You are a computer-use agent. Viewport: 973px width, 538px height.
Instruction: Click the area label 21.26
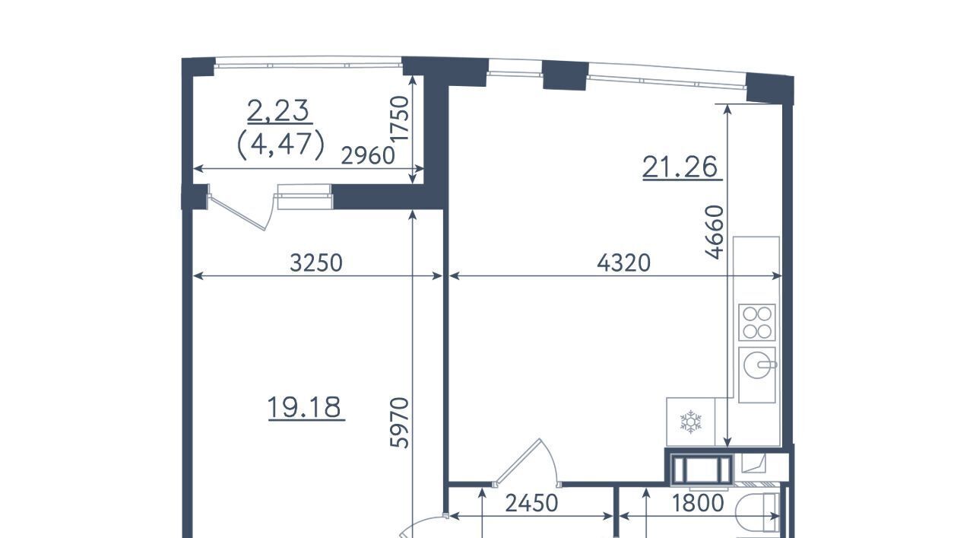(680, 167)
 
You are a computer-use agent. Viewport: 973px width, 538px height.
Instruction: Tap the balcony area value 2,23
(278, 110)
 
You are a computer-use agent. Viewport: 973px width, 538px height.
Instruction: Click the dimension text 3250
(316, 263)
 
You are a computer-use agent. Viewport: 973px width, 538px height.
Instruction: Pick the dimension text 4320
(624, 263)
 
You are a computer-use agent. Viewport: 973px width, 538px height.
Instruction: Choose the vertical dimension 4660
(715, 232)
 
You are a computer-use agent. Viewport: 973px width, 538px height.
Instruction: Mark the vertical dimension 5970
(400, 423)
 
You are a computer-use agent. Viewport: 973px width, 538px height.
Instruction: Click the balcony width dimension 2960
(368, 156)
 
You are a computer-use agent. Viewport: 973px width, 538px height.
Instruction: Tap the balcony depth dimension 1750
(400, 118)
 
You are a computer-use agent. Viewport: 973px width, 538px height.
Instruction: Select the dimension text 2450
(531, 503)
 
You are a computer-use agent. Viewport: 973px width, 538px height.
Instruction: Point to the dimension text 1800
(698, 503)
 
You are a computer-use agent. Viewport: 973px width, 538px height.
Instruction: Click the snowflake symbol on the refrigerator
(691, 422)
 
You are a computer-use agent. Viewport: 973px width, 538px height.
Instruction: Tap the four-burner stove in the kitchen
(757, 323)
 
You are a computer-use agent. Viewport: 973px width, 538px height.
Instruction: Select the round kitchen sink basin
(756, 365)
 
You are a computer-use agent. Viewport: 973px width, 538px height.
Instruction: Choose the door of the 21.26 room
(528, 463)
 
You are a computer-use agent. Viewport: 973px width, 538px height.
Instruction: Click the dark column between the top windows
(565, 75)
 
